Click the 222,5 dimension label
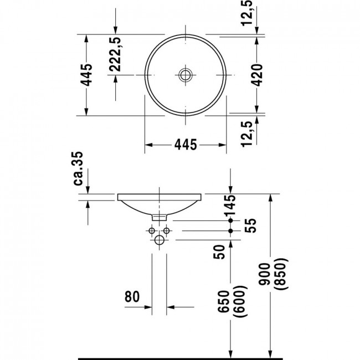click(115, 54)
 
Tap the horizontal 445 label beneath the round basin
click(186, 145)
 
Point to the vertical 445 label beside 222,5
click(88, 75)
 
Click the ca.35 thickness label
click(78, 168)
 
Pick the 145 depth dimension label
click(230, 205)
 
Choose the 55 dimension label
click(250, 225)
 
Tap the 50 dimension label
click(219, 252)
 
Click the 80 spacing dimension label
click(132, 296)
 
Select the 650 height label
click(224, 301)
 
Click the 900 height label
click(265, 274)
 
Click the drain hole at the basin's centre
click(185, 75)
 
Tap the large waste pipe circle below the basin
click(160, 240)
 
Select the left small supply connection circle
click(152, 230)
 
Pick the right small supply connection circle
click(167, 230)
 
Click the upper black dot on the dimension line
click(231, 220)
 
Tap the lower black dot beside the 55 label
click(231, 231)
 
